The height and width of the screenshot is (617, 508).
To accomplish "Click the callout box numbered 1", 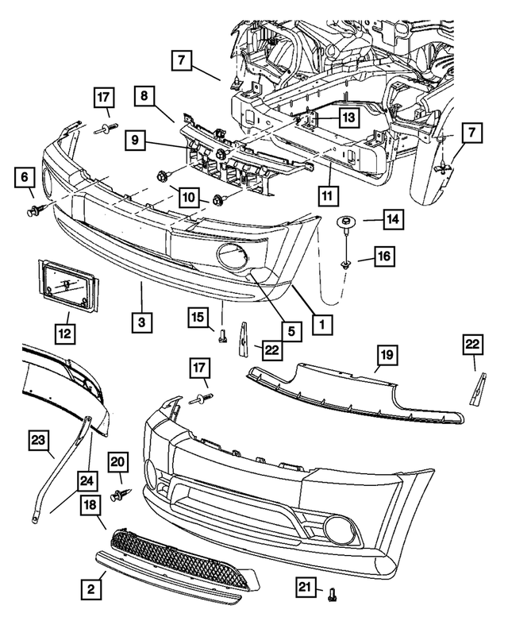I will (x=321, y=325).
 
